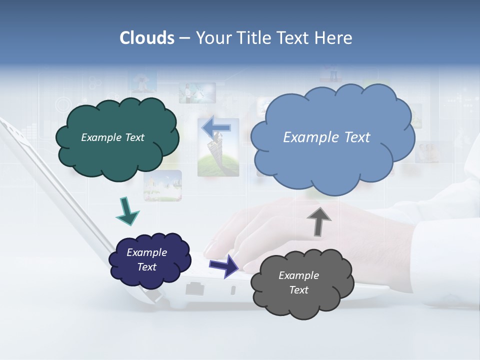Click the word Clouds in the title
tap(146, 38)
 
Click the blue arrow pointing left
tap(216, 128)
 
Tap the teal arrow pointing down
tap(127, 211)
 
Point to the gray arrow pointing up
tap(319, 219)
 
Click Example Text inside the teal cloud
tap(112, 137)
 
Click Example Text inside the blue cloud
tap(326, 137)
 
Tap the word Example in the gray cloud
tap(298, 275)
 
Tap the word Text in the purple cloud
tap(147, 267)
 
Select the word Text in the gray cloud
tap(298, 290)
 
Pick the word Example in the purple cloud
tap(147, 252)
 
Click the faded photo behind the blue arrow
tap(218, 155)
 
